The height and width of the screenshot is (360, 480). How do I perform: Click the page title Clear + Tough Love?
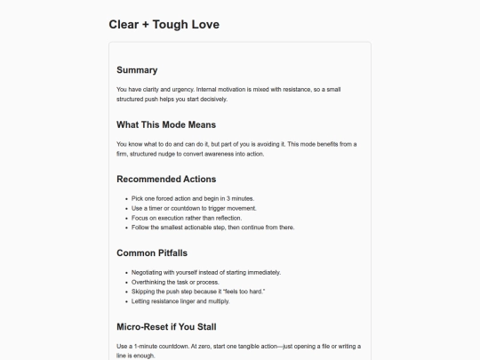(x=164, y=25)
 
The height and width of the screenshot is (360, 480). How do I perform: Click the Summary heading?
(x=137, y=70)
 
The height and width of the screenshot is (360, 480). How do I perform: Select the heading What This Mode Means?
(x=166, y=124)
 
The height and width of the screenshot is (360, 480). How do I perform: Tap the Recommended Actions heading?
(x=166, y=179)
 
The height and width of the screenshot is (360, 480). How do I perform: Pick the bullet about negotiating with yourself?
(x=205, y=272)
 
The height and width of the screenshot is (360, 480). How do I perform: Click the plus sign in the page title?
(x=145, y=25)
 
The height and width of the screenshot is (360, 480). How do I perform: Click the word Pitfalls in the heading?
(x=173, y=253)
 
